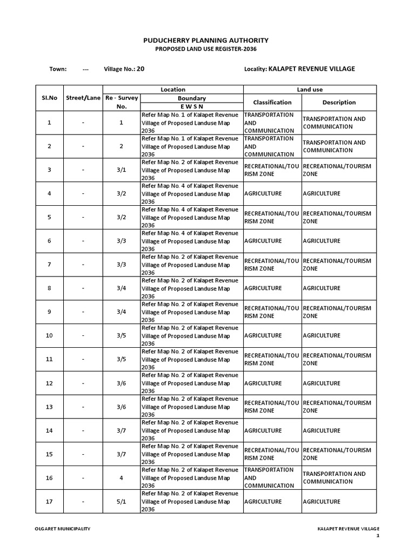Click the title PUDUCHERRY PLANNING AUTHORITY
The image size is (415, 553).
pos(205,41)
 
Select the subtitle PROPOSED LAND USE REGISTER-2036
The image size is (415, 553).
pos(205,49)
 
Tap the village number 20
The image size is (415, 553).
pos(140,69)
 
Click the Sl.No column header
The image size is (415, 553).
pos(49,98)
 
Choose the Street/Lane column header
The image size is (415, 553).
pos(83,98)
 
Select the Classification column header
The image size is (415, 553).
pos(272,102)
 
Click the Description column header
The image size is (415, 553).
pos(339,102)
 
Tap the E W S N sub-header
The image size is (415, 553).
pos(192,107)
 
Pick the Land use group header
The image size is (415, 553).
pos(310,90)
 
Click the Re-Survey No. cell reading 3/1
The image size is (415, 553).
pos(121,170)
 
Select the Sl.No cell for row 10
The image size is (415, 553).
pos(49,336)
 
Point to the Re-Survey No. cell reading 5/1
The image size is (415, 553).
pos(121,502)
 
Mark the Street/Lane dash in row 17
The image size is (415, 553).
pos(83,502)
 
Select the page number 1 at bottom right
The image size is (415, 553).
pos(378,536)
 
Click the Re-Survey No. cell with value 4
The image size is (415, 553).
pos(121,478)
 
